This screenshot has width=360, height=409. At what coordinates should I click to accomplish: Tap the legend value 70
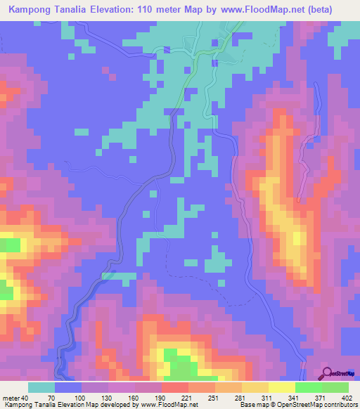tap(51, 397)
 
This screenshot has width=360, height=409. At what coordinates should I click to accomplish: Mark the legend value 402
tap(345, 397)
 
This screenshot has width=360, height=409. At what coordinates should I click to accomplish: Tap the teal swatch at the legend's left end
tap(41, 387)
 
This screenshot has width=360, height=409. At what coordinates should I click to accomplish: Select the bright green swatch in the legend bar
tap(308, 387)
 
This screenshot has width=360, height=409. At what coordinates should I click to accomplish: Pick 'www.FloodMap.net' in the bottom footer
tap(168, 405)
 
